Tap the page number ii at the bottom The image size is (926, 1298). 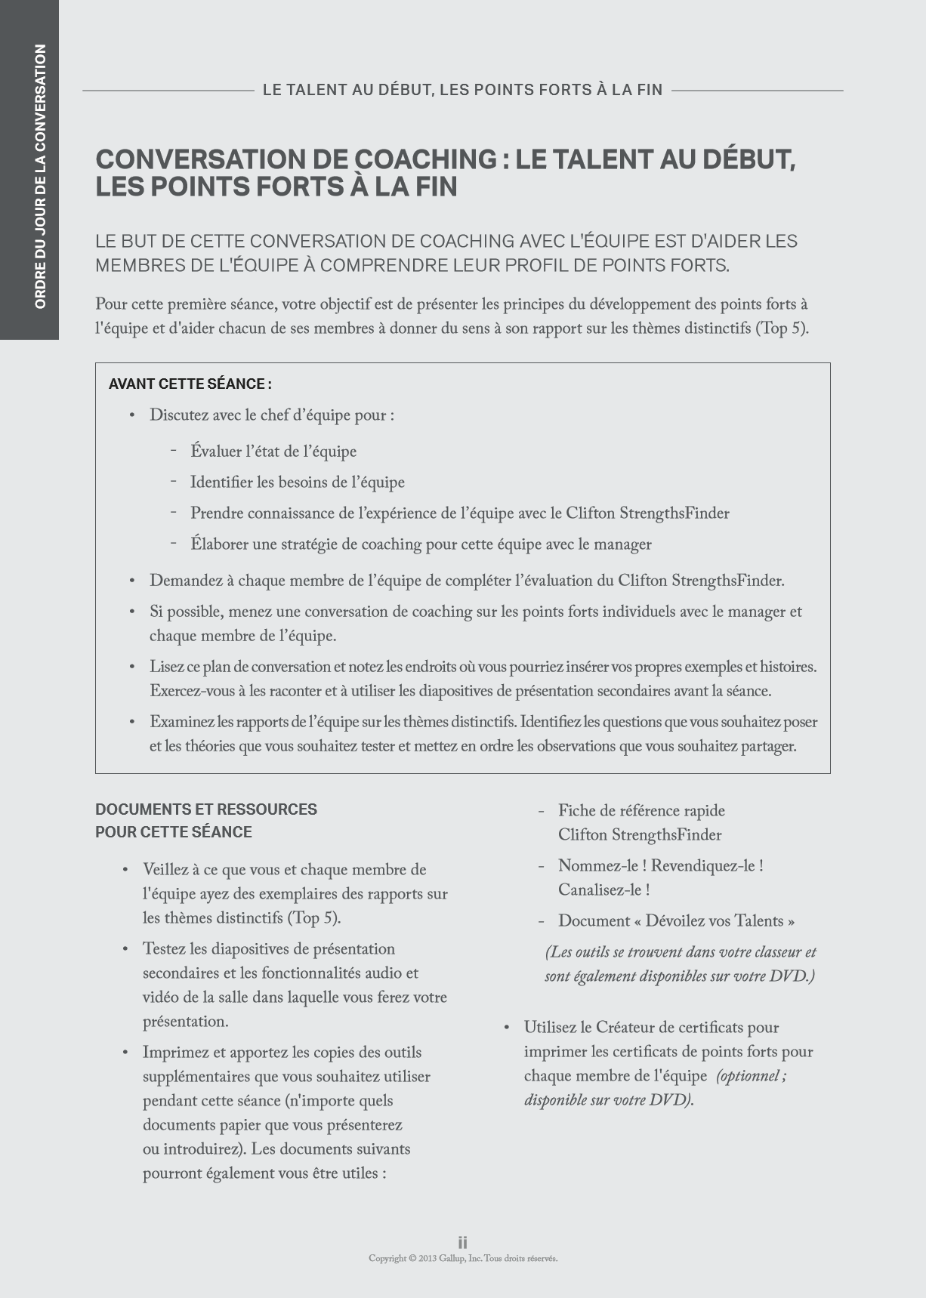(462, 1242)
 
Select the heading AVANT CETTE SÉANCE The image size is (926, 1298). (190, 384)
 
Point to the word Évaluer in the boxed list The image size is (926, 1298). (215, 452)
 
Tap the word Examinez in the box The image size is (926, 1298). (181, 722)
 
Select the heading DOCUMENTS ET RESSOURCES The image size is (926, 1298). (206, 809)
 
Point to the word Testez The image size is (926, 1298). (163, 949)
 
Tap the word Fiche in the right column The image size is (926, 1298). (576, 811)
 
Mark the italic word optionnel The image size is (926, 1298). (748, 1076)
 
